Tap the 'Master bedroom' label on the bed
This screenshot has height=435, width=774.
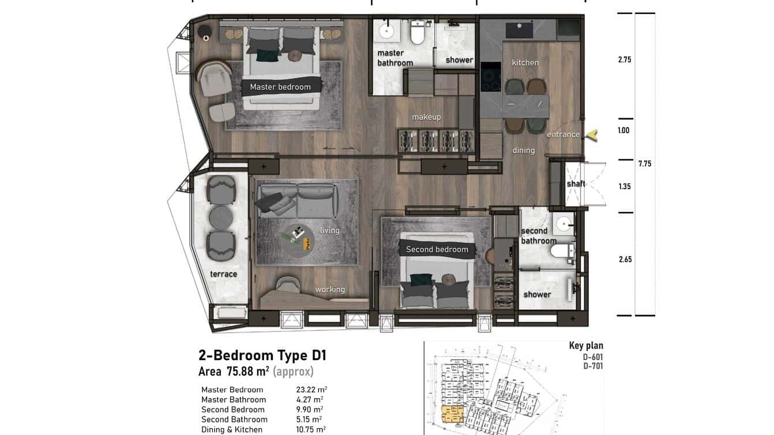click(280, 87)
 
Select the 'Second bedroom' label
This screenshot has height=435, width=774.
click(437, 249)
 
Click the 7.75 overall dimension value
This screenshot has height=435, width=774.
click(644, 164)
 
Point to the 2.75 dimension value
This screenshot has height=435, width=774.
click(624, 59)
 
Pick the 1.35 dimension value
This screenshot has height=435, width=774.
click(624, 186)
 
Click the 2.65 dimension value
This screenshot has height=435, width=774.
click(625, 259)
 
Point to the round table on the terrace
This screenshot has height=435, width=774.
click(220, 217)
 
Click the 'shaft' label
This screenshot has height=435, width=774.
click(576, 183)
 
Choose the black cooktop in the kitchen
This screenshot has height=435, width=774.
click(490, 77)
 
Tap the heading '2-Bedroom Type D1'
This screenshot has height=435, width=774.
click(262, 355)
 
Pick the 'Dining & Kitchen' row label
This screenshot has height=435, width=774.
click(232, 429)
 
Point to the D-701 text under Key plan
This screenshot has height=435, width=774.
click(593, 365)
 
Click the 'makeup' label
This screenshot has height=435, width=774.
click(426, 117)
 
